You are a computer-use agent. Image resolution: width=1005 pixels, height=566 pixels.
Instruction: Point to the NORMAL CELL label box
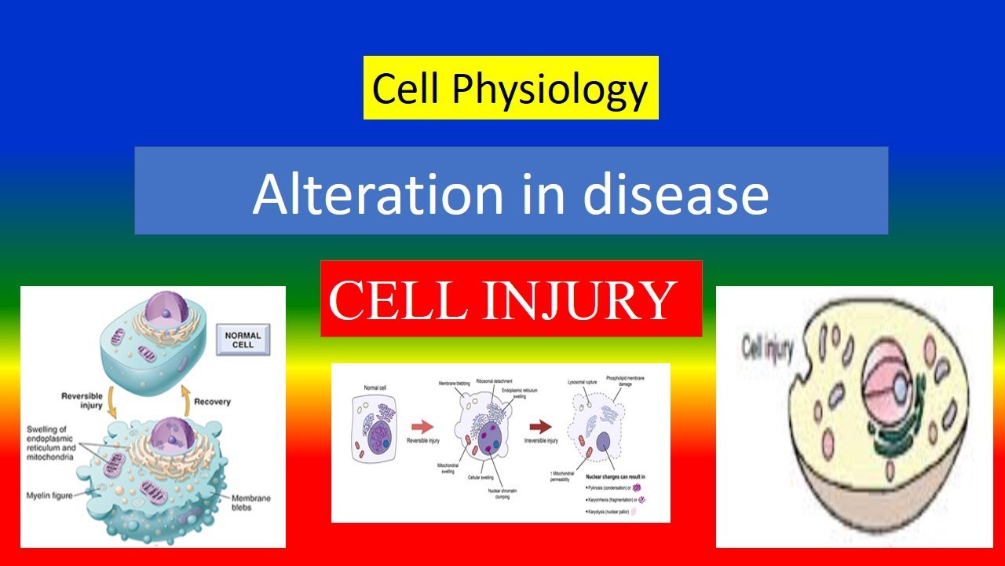243,340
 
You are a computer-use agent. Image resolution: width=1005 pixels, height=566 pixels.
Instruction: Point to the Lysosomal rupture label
585,380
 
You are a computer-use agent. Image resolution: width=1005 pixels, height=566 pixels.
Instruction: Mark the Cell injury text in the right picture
769,347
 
